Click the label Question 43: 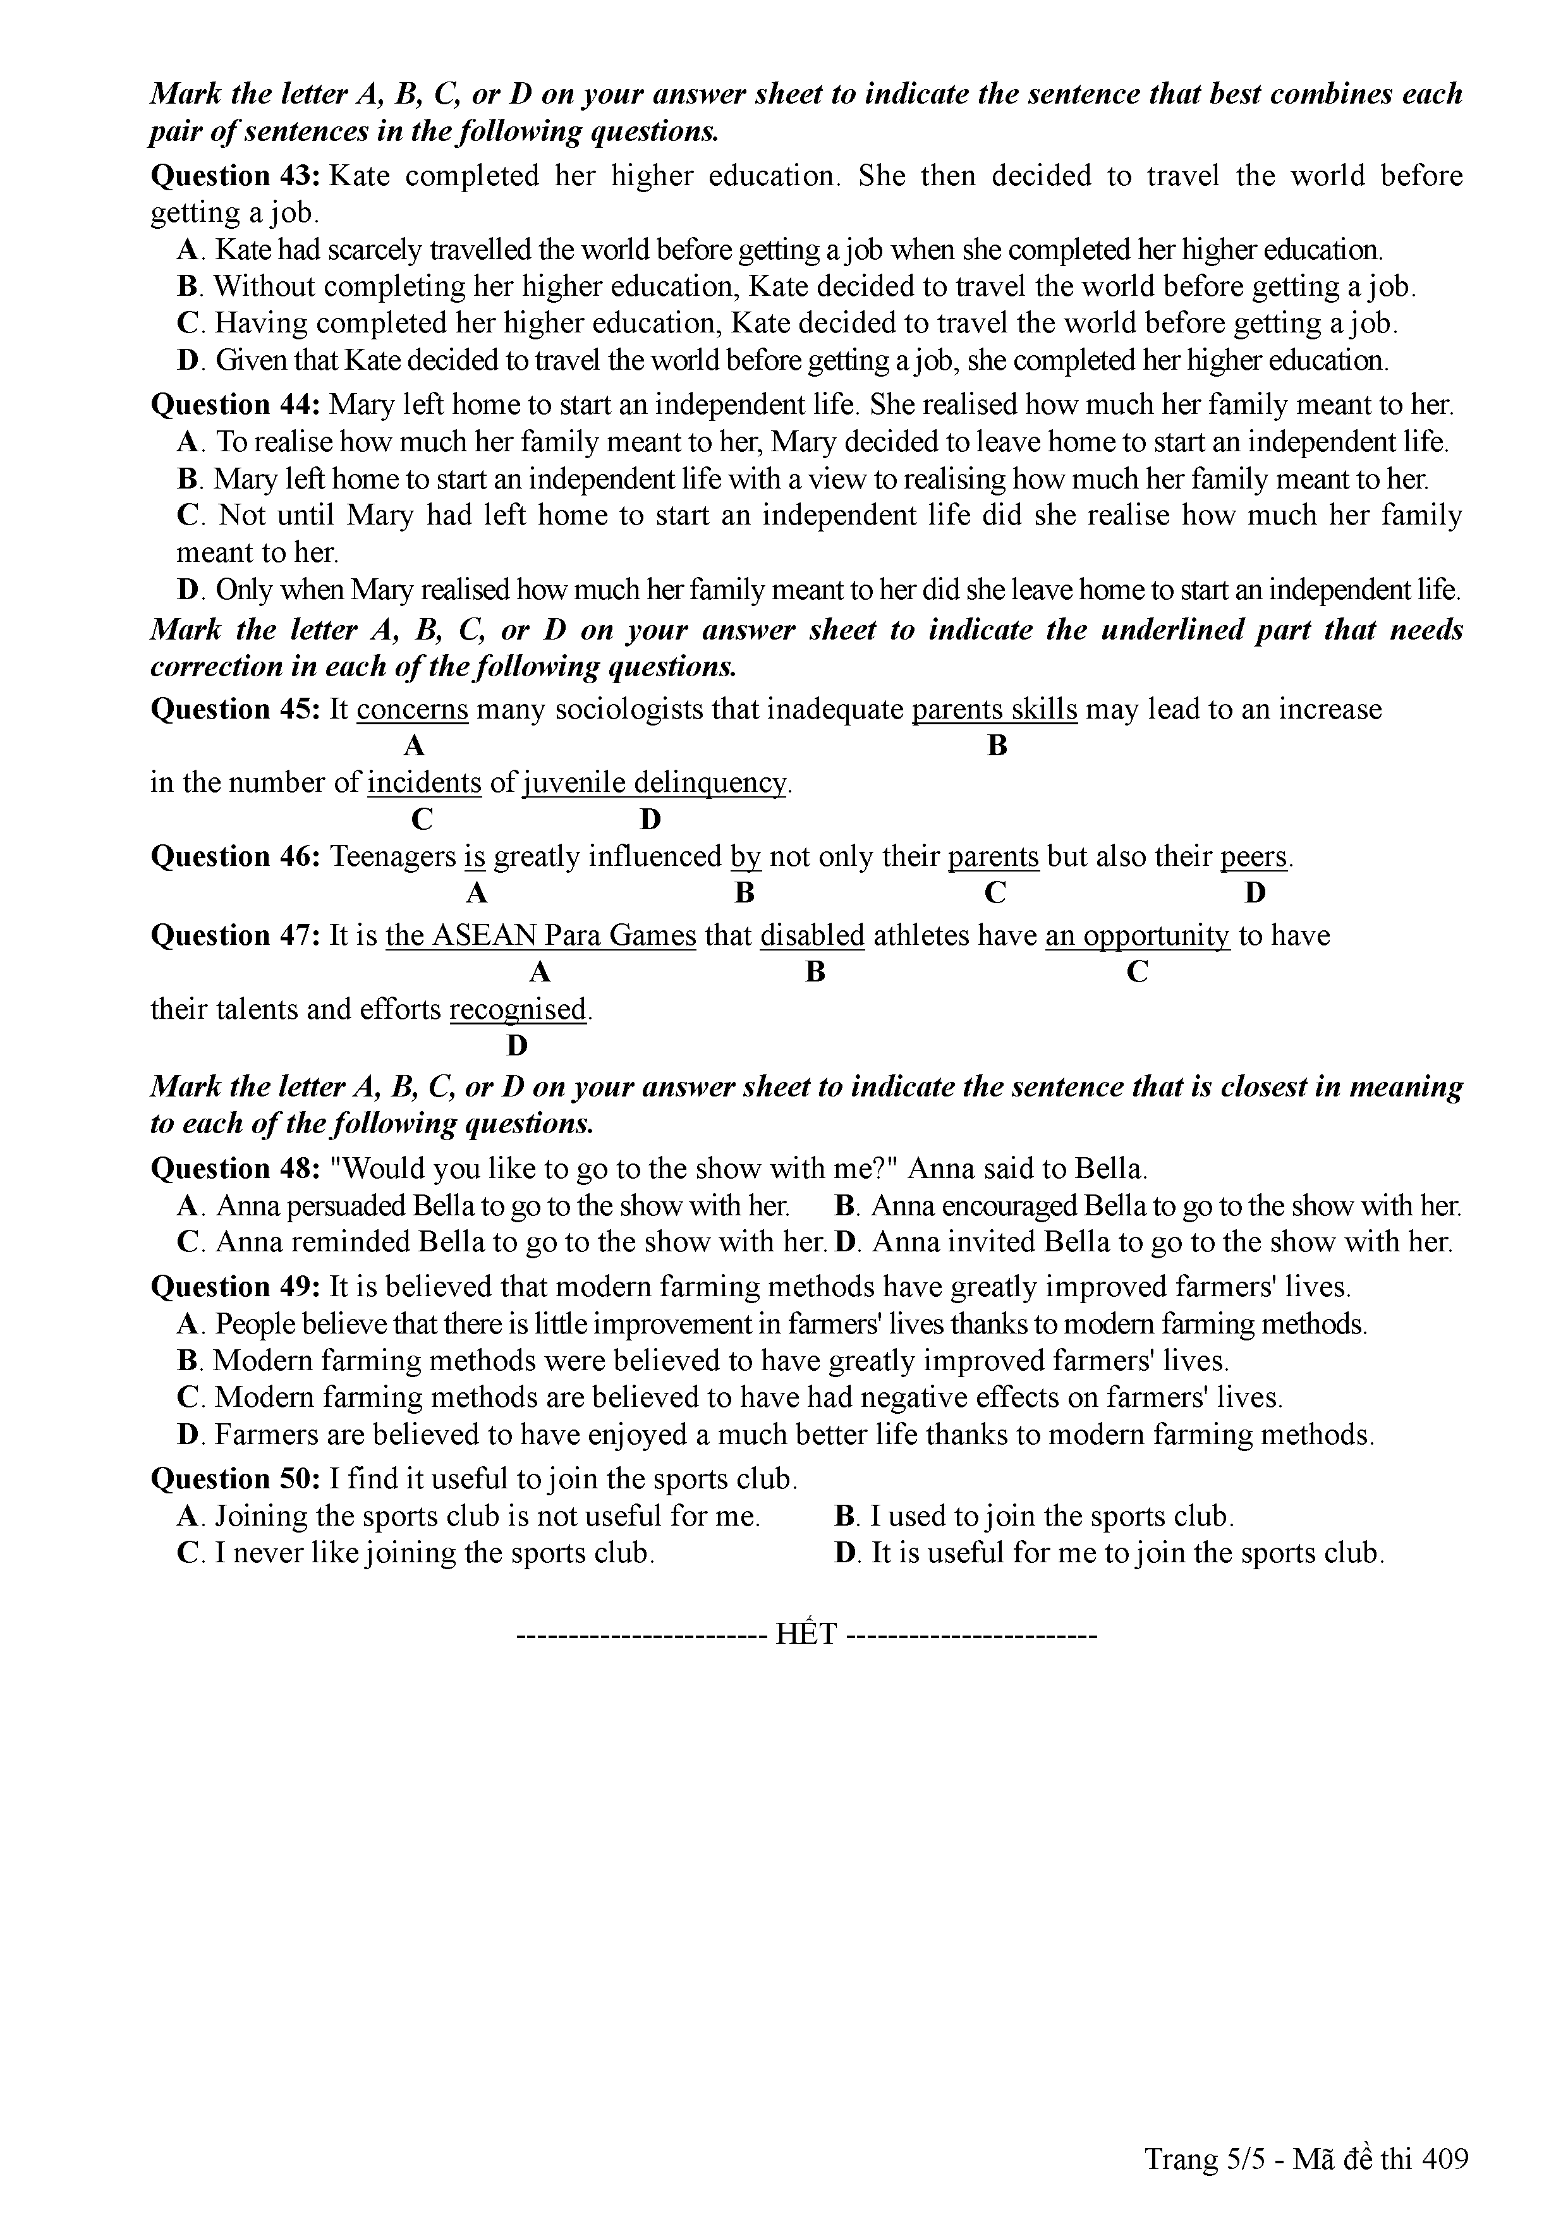click(x=236, y=177)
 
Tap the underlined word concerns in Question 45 click(x=412, y=710)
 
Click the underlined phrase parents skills click(x=995, y=710)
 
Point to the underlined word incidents click(x=424, y=783)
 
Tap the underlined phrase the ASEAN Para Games click(x=541, y=936)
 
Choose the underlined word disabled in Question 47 click(x=812, y=936)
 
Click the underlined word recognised click(x=518, y=1010)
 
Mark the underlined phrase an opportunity click(x=1138, y=936)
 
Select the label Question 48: click(x=236, y=1169)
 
